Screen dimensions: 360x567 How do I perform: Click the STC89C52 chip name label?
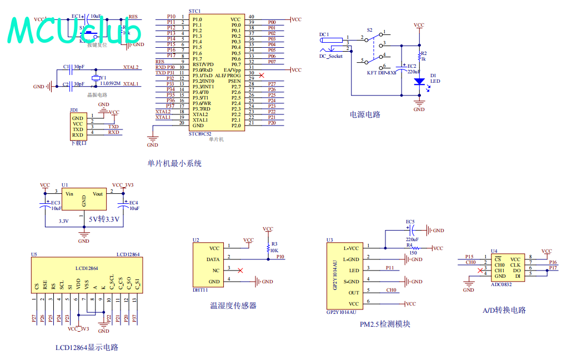(200, 133)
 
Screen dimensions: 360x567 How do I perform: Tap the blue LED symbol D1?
(419, 82)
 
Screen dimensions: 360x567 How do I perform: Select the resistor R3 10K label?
(274, 247)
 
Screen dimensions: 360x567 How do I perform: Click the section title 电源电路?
(365, 114)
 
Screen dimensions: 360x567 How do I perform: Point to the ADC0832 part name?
(501, 284)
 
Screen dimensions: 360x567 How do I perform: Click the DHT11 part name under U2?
(200, 290)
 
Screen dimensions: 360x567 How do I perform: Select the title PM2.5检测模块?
(385, 324)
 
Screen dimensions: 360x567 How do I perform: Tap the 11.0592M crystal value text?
(111, 83)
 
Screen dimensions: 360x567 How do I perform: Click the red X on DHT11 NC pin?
(240, 271)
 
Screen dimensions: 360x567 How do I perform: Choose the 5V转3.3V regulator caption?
(105, 219)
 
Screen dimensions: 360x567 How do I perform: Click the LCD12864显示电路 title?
(87, 347)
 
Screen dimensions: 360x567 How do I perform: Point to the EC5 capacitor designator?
(410, 222)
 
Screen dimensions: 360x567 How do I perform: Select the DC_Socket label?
(331, 56)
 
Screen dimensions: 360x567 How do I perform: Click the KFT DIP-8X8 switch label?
(382, 72)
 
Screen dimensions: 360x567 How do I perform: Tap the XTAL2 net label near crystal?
(131, 67)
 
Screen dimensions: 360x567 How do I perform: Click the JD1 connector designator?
(74, 110)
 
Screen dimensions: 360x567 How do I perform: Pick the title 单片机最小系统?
(174, 163)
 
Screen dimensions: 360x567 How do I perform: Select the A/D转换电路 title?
(504, 310)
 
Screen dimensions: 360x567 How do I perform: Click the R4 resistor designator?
(409, 244)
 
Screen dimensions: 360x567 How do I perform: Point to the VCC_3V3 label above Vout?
(123, 185)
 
